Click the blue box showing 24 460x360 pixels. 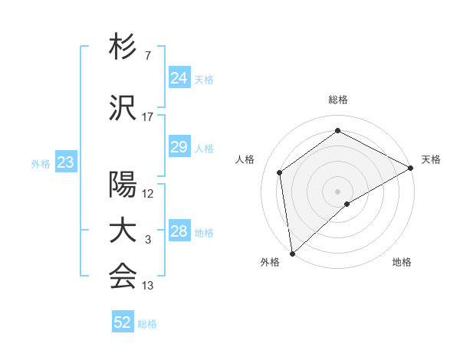pos(179,78)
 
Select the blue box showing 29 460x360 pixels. pos(179,147)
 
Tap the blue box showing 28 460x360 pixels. pos(179,231)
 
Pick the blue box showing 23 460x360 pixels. pos(65,162)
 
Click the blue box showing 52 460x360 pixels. pos(123,322)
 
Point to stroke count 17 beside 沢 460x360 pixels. pos(148,117)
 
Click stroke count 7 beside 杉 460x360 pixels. pos(147,56)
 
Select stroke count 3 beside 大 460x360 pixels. pos(147,240)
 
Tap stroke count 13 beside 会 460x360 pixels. pos(148,286)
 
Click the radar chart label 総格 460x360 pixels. pos(337,100)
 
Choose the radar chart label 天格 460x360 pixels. pos(431,159)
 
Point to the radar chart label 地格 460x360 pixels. pos(402,263)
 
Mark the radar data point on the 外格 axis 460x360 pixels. pos(291,253)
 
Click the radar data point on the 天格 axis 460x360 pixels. pos(411,168)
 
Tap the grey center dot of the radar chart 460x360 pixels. pos(337,190)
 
